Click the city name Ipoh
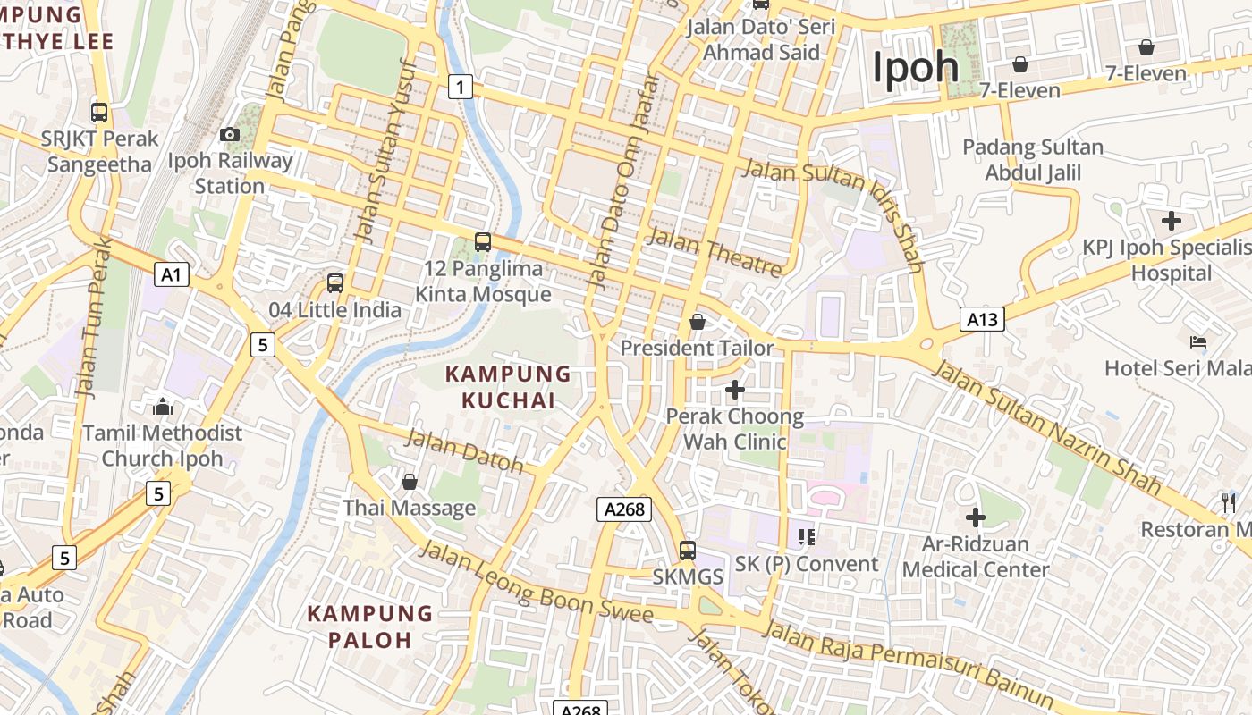tap(915, 68)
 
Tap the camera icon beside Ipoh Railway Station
tap(230, 134)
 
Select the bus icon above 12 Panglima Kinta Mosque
tap(483, 241)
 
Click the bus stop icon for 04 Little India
tap(335, 283)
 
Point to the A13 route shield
tap(982, 319)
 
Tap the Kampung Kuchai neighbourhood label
tap(508, 387)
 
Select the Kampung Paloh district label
tap(369, 627)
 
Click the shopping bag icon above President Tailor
tap(698, 322)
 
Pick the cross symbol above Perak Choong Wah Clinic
tap(735, 390)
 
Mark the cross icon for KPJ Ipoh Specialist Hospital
tap(1171, 220)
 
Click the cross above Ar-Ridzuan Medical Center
tap(976, 517)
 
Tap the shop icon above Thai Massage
tap(410, 482)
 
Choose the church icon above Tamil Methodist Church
tap(162, 407)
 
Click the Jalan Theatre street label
tap(713, 251)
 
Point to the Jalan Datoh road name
tap(464, 450)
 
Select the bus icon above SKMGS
tap(687, 550)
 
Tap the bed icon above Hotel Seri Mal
tap(1198, 341)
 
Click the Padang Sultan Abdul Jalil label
tap(1033, 160)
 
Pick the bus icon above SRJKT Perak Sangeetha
tap(99, 113)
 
